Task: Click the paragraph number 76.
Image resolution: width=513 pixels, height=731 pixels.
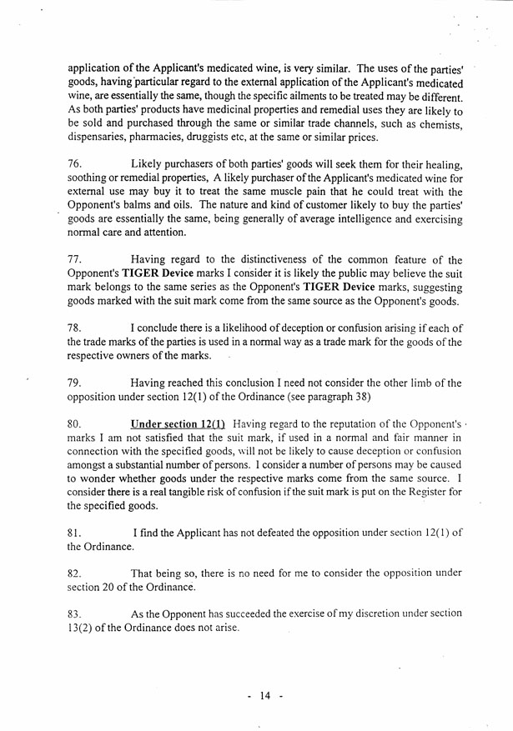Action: tap(75, 168)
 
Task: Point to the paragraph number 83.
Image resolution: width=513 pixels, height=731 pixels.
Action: tap(75, 613)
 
